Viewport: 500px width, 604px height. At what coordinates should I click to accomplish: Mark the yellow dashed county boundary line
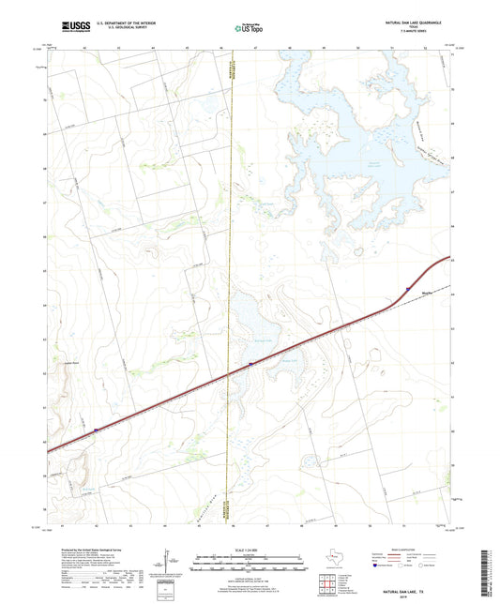pos(231,234)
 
